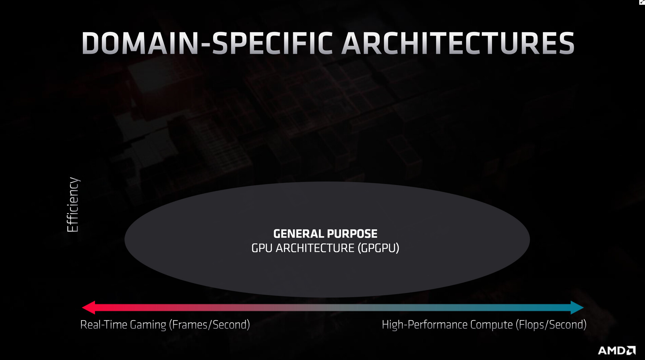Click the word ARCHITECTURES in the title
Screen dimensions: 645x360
coord(458,43)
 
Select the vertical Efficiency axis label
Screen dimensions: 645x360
coord(73,205)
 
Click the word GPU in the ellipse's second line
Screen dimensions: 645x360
coord(262,248)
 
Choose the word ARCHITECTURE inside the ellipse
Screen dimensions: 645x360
coord(315,248)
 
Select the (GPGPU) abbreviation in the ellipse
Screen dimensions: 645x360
coord(378,248)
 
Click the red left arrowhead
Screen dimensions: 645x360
coord(89,307)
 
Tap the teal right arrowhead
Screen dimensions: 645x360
coord(577,307)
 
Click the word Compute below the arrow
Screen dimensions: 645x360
coord(491,325)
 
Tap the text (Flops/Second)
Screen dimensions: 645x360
coord(551,325)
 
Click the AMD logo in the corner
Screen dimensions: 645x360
coord(617,350)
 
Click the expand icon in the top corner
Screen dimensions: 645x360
coord(642,2)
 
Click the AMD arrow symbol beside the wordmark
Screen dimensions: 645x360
coord(631,350)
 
